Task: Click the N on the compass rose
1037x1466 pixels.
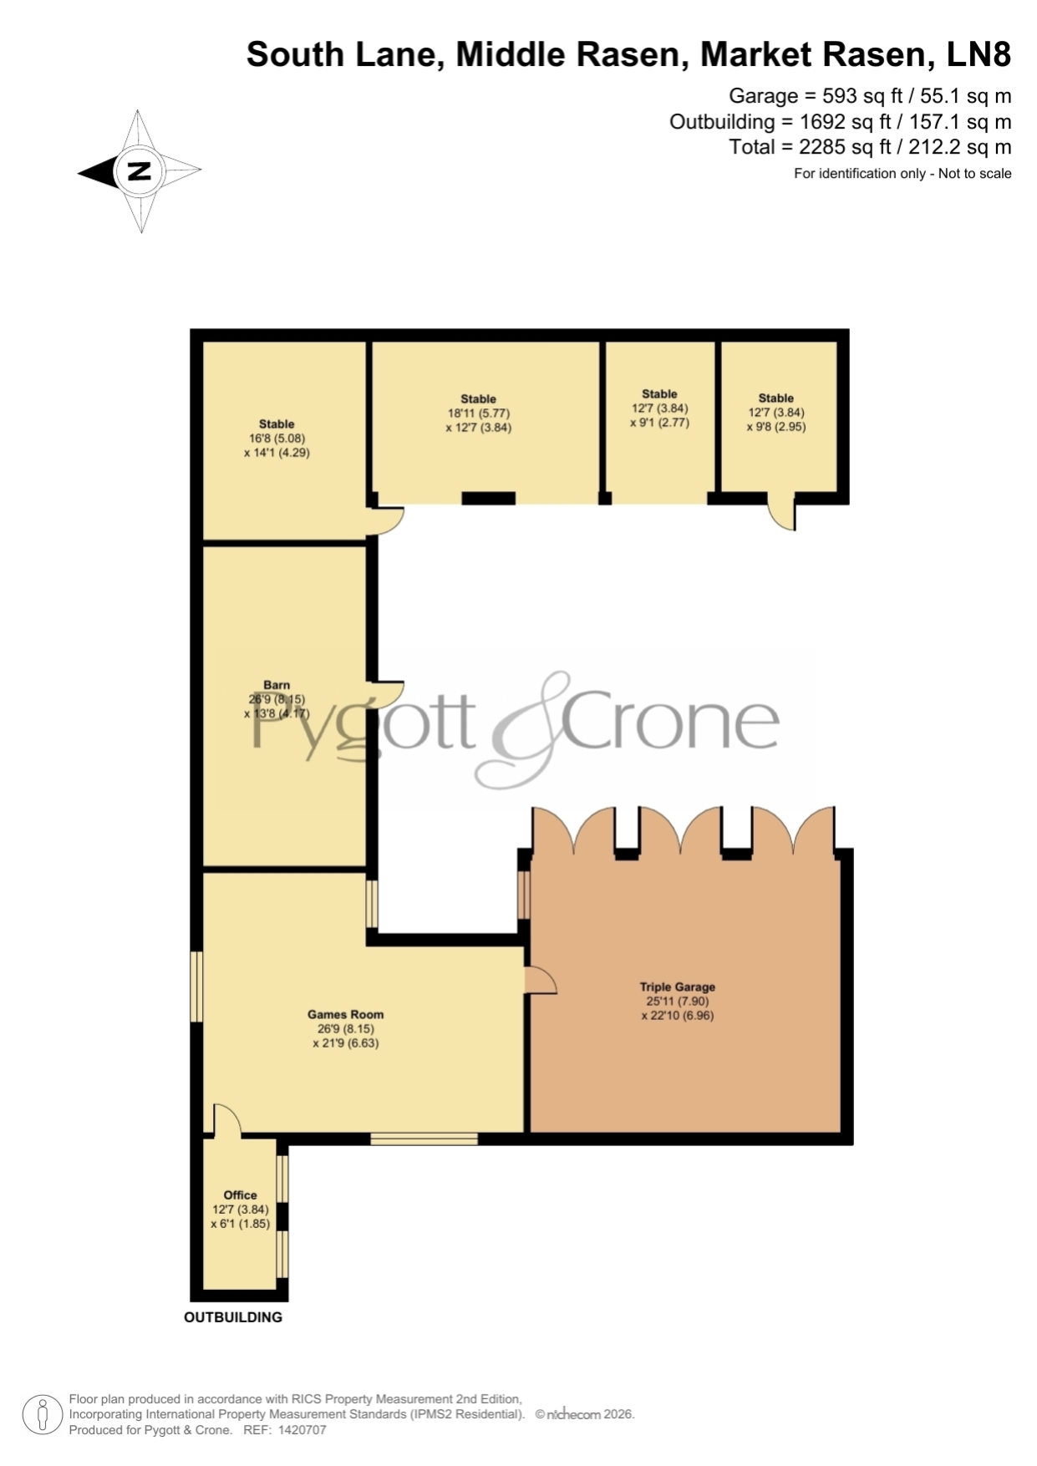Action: (139, 171)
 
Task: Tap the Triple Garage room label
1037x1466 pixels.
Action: (677, 987)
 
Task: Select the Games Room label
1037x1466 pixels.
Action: (345, 1014)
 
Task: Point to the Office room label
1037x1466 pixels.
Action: (240, 1195)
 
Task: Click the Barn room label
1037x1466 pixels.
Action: (277, 685)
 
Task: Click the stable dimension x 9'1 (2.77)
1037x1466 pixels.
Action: (659, 423)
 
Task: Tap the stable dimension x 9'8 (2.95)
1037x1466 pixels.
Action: (776, 427)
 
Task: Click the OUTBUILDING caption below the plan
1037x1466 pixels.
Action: (233, 1317)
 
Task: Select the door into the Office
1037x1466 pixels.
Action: (227, 1120)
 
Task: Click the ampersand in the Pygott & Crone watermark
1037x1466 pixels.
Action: (524, 729)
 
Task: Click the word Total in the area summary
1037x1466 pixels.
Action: (752, 147)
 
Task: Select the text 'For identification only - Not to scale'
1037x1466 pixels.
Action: (902, 174)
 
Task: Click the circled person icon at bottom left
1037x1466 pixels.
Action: (42, 1415)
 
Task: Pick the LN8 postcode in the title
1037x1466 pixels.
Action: (979, 54)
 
